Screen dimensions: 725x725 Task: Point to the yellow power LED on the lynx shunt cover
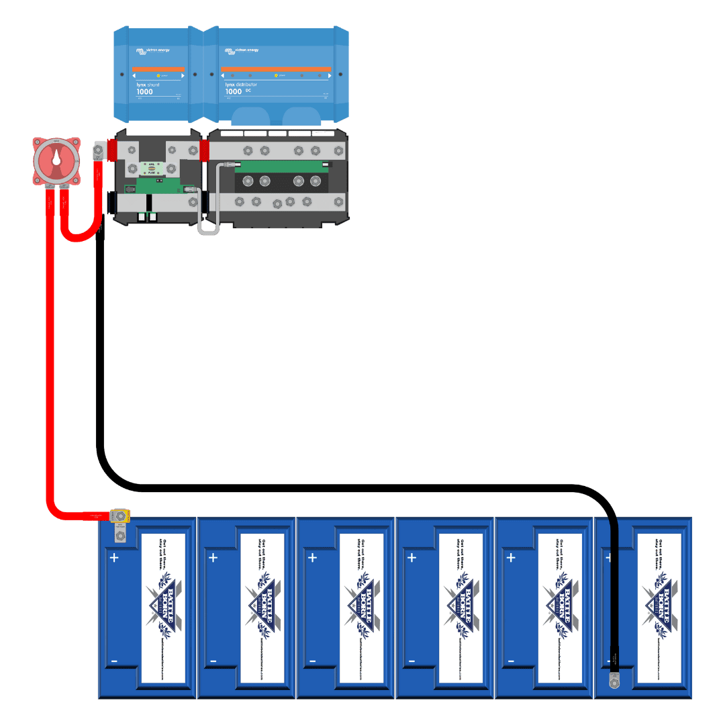tap(158, 76)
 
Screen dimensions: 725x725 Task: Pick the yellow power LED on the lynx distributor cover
tap(276, 76)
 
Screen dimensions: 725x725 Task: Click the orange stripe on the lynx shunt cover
tap(158, 69)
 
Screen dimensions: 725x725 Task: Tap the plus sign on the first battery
tap(114, 558)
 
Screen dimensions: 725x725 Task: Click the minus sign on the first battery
tap(114, 662)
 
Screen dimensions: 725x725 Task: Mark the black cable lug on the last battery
tap(613, 681)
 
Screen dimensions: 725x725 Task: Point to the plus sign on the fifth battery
tap(511, 558)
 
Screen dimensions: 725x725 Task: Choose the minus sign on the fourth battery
tap(412, 662)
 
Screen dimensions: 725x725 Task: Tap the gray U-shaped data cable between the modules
tap(208, 228)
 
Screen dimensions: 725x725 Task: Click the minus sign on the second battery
tap(213, 662)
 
